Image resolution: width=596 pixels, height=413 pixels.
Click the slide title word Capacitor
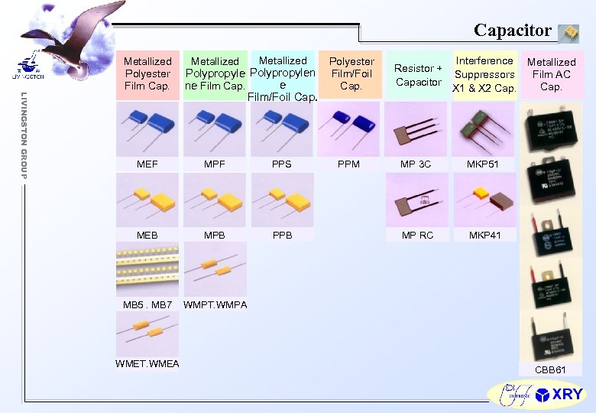512,30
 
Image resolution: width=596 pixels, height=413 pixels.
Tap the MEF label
147,164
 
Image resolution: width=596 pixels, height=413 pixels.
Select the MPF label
215,164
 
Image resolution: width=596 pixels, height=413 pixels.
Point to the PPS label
282,164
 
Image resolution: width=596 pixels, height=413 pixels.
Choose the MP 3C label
416,164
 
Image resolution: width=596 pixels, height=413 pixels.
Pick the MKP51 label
484,164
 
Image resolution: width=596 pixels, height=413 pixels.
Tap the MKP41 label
484,235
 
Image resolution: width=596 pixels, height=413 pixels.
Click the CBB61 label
550,369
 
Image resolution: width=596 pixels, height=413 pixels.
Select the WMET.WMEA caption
147,363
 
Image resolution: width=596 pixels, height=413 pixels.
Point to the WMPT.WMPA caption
215,305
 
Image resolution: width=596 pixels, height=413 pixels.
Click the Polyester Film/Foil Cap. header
351,73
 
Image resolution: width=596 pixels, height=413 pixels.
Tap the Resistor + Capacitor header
418,75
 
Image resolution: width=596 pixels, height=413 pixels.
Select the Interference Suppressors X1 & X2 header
484,74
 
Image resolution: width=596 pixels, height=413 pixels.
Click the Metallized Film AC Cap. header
551,74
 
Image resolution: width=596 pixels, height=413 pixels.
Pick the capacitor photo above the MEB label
147,200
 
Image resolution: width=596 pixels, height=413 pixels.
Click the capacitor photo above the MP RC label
417,200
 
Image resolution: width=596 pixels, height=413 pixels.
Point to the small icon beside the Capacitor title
568,32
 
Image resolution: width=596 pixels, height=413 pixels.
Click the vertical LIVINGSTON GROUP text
24,136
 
